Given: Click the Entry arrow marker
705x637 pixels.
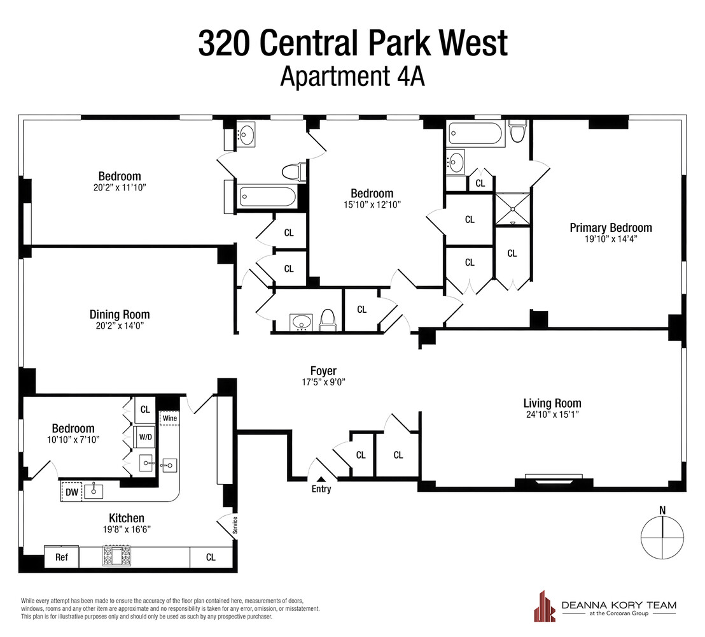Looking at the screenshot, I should tap(320, 480).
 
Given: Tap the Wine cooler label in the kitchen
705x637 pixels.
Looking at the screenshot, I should tap(169, 419).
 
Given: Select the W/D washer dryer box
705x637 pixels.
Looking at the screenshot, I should tap(145, 438).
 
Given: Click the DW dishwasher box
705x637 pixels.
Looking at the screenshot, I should tap(71, 492).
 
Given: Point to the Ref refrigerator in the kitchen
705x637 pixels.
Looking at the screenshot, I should tap(61, 557).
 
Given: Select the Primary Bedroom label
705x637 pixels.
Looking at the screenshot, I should tap(610, 227).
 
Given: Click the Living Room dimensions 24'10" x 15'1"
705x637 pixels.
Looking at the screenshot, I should tap(552, 415).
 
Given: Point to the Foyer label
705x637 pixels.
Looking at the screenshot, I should tap(323, 371).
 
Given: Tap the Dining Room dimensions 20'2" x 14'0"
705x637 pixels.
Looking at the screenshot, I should tap(120, 326).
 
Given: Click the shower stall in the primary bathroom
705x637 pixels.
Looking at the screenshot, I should tap(512, 208).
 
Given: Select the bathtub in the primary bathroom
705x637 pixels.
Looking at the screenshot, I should tap(476, 134).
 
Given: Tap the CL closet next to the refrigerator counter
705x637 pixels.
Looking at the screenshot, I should tap(211, 557).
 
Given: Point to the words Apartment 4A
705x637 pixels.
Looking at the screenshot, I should tap(352, 77).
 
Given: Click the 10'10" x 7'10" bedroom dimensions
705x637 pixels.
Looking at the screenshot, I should tap(73, 440).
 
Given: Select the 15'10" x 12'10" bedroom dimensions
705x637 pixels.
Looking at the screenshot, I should tap(372, 204).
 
